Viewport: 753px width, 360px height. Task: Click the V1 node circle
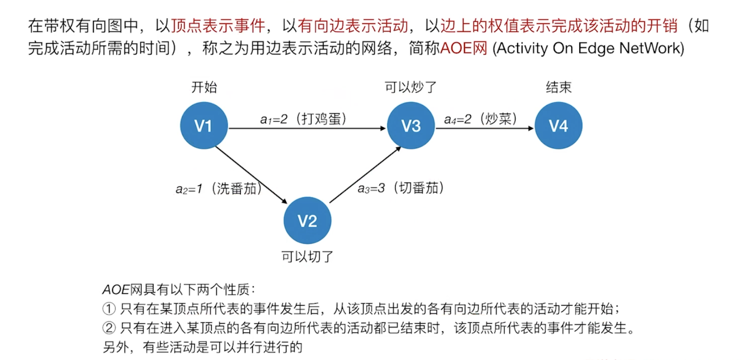204,126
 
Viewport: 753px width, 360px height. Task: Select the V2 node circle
307,220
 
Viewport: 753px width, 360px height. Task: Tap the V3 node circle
411,126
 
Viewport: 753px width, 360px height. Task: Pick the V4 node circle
558,126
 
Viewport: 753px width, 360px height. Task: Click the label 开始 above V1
204,87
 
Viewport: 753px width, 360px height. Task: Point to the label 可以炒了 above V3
411,87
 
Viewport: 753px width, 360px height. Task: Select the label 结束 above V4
558,87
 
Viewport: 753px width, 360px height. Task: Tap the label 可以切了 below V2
307,257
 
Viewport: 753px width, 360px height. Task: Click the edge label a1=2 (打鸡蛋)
303,119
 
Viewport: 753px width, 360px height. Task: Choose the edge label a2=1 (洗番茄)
218,189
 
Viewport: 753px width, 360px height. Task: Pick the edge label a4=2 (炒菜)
480,119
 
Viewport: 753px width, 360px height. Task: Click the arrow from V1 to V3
307,129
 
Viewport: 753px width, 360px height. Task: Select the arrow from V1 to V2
251,175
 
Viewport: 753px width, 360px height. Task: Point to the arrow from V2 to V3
365,175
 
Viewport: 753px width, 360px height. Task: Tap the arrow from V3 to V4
484,129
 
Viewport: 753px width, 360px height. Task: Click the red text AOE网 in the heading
464,48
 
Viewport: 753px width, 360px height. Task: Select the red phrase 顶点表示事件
218,26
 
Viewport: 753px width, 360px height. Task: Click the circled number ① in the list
109,309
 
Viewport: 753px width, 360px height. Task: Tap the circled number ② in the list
109,328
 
